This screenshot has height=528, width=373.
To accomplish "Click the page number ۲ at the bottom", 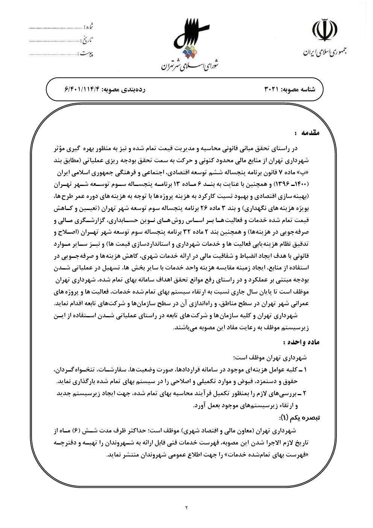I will coord(186,508).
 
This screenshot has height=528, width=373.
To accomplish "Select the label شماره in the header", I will coord(89,27).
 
